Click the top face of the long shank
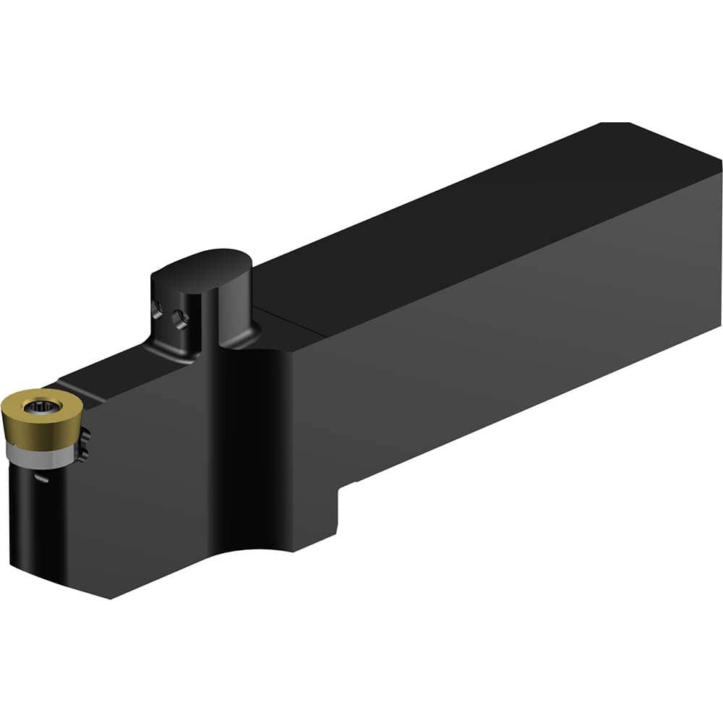pos(470,217)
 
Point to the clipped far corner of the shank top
pos(615,125)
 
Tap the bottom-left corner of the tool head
pos(110,596)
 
